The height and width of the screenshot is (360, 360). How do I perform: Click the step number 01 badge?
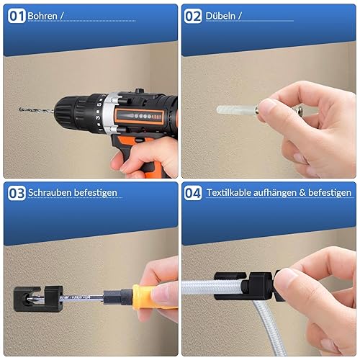17,16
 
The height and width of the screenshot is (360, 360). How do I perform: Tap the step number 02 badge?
193,16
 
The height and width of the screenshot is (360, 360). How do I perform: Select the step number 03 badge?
17,193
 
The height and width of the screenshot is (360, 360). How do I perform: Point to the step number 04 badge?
193,193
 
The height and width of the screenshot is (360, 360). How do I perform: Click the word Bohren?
42,16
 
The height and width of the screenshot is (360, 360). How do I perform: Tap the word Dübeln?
220,16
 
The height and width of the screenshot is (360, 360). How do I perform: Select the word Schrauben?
50,193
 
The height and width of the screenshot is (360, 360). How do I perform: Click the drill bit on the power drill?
37,110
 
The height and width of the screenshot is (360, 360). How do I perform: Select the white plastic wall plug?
236,110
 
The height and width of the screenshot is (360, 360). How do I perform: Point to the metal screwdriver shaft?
81,298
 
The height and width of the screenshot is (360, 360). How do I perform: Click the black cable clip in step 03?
38,299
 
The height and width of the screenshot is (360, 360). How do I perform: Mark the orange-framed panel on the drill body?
139,117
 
